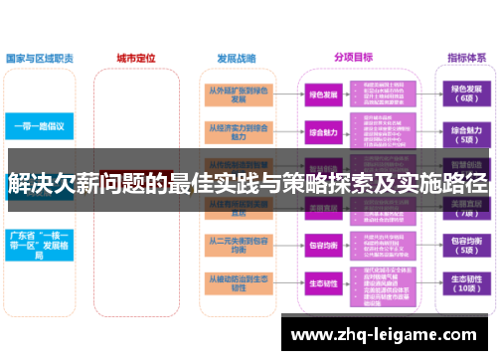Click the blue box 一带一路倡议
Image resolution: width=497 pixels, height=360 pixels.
tap(40, 127)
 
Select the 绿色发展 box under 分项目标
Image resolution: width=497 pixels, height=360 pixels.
tap(323, 94)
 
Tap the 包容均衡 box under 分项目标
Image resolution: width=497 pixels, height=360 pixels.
tap(323, 245)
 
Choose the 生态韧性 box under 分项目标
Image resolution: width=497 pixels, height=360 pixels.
tap(323, 283)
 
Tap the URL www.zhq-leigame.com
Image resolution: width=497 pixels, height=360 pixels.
tap(388, 334)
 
